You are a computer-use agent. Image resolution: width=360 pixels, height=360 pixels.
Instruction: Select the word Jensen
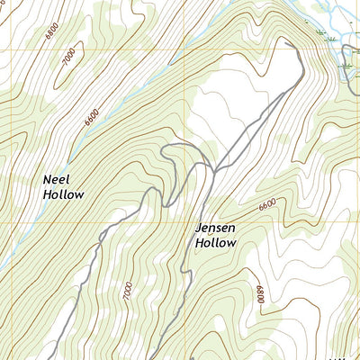point(216,229)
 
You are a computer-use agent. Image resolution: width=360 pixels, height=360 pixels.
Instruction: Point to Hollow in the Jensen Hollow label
point(216,243)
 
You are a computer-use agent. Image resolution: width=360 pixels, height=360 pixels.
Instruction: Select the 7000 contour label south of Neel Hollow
point(128,292)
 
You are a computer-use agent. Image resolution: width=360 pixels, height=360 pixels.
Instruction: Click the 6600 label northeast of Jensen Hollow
point(267,206)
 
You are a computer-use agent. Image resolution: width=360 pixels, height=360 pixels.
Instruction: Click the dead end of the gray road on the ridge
point(285,40)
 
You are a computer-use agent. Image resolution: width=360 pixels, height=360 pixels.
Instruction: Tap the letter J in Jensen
point(199,229)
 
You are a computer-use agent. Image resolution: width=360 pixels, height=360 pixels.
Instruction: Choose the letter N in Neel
point(47,179)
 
